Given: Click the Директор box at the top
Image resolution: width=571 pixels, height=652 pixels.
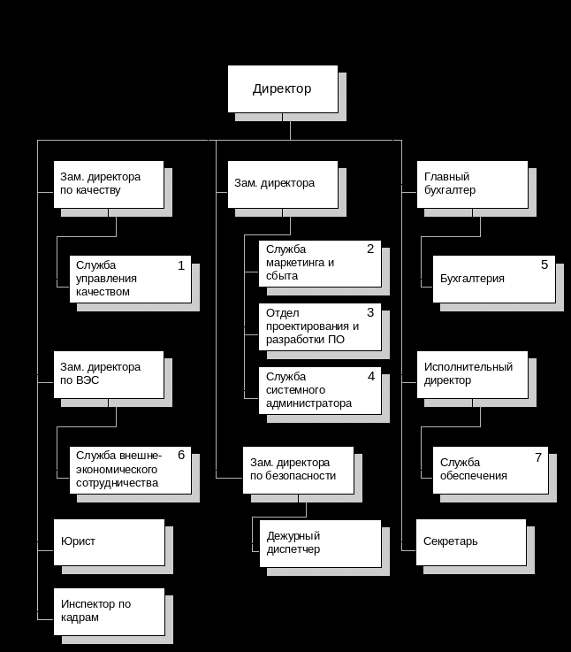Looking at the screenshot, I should [x=283, y=88].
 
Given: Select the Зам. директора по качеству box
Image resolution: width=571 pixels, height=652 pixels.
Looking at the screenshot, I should [x=109, y=184].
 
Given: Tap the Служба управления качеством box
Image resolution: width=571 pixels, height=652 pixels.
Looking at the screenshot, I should [x=130, y=279].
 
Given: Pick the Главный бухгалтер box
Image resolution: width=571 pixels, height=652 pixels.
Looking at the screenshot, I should [x=472, y=184].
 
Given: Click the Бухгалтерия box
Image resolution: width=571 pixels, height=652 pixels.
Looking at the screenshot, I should [x=493, y=279].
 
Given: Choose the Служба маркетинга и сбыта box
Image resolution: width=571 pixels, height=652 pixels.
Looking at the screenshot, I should [x=320, y=263].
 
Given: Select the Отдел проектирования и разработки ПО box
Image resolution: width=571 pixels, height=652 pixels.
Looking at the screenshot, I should [x=320, y=326].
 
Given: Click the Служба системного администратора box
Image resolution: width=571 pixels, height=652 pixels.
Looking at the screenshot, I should [x=320, y=390].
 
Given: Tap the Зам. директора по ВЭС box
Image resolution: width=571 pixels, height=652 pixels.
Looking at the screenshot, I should [x=109, y=374].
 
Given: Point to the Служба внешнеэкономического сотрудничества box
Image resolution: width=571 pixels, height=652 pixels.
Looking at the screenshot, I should [x=130, y=470].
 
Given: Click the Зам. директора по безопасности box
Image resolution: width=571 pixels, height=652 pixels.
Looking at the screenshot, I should [x=298, y=470].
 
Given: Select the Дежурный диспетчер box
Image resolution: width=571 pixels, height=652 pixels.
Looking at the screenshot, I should [x=320, y=542].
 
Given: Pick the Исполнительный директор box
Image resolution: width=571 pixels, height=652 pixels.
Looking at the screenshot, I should [x=472, y=374].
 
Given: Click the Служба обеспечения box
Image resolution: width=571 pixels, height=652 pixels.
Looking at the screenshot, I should [x=490, y=470].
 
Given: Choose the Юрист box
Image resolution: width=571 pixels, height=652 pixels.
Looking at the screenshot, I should [x=109, y=541].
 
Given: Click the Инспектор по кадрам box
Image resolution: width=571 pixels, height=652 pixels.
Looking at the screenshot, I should [x=109, y=611].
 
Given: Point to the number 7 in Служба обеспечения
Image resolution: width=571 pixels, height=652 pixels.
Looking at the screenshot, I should [x=537, y=457].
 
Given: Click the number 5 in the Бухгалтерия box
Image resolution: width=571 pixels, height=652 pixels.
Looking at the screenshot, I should [x=544, y=265].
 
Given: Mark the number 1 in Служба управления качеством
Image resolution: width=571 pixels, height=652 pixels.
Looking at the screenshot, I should [x=181, y=265].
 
